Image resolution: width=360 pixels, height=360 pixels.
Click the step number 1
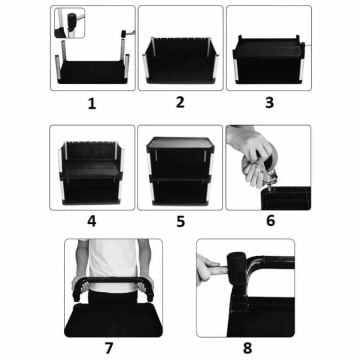pos(92,102)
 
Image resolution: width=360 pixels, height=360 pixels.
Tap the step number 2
pos(180,102)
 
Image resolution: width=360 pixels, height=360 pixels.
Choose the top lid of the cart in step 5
pos(180,142)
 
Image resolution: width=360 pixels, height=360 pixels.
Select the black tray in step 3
pos(268,49)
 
